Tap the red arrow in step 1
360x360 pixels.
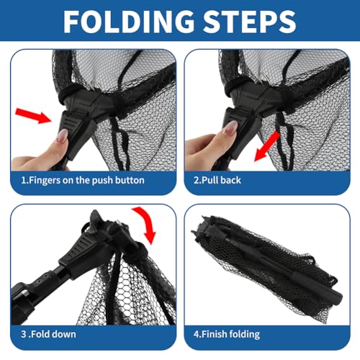pyautogui.click(x=33, y=116)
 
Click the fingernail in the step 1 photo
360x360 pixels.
pyautogui.click(x=63, y=136)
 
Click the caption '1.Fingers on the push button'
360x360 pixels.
pyautogui.click(x=83, y=181)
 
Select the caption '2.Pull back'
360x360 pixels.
pyautogui.click(x=217, y=180)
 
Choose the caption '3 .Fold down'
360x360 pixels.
pyautogui.click(x=48, y=334)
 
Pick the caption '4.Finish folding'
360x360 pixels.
pyautogui.click(x=227, y=334)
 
